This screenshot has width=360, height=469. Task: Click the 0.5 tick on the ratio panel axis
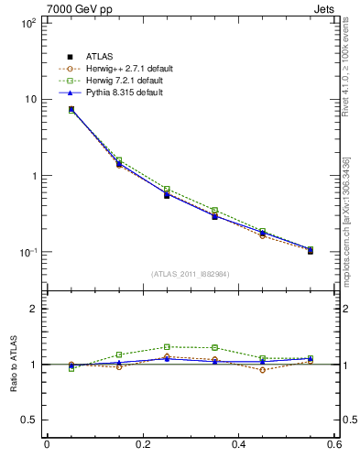pos(30,420)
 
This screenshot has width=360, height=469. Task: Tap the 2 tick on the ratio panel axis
pos(34,309)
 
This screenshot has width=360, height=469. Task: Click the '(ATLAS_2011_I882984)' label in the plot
pos(190,274)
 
